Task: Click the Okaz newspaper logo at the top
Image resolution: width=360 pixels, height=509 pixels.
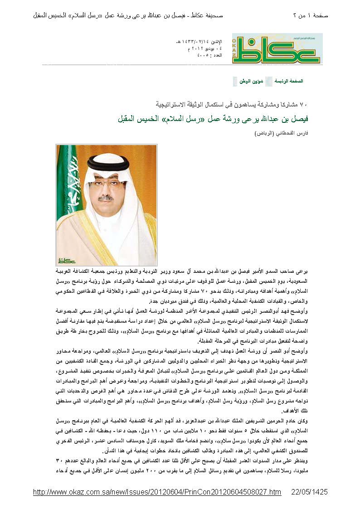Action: [277, 48]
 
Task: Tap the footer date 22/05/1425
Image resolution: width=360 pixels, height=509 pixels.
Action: [309, 492]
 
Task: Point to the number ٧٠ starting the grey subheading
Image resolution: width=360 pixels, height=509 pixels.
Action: [305, 104]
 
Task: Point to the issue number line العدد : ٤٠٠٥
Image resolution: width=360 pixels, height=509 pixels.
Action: [209, 54]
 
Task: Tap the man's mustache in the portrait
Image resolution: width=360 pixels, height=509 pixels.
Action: [106, 199]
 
